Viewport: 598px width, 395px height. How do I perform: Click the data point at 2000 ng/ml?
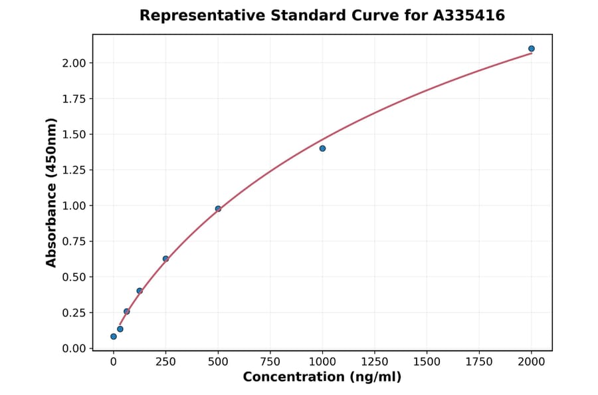[532, 49]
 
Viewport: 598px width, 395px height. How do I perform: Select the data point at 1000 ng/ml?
[322, 148]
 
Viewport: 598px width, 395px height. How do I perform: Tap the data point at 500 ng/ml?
[218, 209]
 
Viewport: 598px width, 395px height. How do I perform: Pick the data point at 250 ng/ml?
[165, 259]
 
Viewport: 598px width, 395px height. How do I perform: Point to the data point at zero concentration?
[114, 336]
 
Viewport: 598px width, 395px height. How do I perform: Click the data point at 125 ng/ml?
[140, 291]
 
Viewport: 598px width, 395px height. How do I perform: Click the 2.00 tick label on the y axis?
[74, 63]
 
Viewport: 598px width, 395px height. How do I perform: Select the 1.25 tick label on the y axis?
[74, 170]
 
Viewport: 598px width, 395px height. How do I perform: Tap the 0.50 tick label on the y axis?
[74, 277]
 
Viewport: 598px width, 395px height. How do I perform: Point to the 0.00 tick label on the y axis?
[74, 348]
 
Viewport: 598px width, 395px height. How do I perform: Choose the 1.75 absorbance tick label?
[74, 99]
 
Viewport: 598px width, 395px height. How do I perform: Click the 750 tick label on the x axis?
[270, 362]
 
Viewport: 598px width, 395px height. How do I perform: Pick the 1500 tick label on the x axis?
[427, 362]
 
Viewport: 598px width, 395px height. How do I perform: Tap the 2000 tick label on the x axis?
[532, 362]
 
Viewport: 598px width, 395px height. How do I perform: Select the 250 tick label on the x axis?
[165, 362]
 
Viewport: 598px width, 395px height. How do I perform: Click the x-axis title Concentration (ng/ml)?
[322, 378]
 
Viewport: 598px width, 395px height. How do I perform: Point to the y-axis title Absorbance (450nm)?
[52, 192]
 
